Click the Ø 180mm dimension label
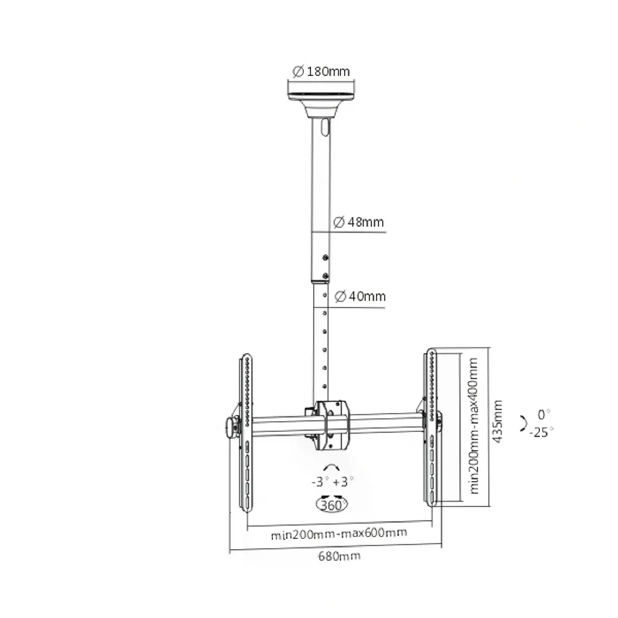(x=321, y=71)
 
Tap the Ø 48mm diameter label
(x=358, y=222)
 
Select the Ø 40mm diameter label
(x=360, y=297)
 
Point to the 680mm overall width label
(x=339, y=556)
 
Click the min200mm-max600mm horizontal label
(x=339, y=533)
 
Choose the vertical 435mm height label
(x=498, y=422)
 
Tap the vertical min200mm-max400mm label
(x=474, y=426)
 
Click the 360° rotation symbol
(x=332, y=504)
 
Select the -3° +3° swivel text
(x=332, y=482)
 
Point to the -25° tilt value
(x=541, y=432)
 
